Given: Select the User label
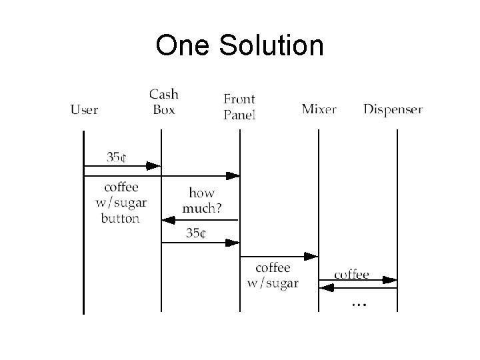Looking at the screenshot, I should click(85, 109).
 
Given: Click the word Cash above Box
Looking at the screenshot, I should click(163, 95).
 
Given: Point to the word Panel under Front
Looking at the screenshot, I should click(239, 115).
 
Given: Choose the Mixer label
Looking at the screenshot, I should click(319, 109).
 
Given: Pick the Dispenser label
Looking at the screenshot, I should click(393, 109).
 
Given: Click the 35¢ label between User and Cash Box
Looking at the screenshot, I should click(117, 157).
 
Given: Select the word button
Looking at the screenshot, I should click(120, 218).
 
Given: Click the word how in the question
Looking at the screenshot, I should click(201, 193).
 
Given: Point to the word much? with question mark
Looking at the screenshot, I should click(202, 207).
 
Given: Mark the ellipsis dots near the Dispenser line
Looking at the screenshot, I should click(359, 304).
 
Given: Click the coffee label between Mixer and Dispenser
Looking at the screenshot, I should click(351, 274).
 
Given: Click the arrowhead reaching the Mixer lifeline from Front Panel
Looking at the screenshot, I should click(311, 256).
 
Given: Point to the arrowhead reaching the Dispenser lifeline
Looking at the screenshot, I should click(391, 280).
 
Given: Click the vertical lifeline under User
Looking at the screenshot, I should click(83, 267).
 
